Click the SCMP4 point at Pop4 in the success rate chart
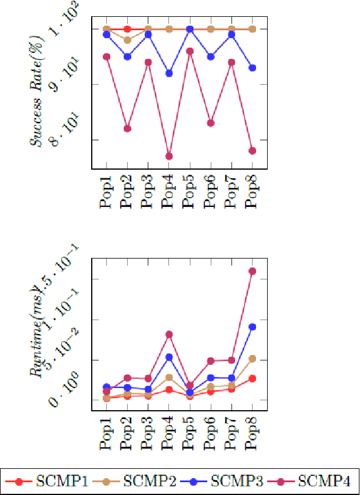tap(169, 156)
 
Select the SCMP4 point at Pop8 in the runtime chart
tap(252, 271)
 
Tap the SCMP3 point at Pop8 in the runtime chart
tap(252, 327)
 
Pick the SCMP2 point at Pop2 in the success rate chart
tap(127, 40)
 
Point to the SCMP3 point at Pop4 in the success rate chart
tap(169, 73)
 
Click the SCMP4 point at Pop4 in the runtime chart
tap(169, 335)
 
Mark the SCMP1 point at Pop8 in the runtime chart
tap(252, 378)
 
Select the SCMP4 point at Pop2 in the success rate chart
tap(127, 128)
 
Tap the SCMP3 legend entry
tap(221, 481)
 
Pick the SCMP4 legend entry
tap(308, 481)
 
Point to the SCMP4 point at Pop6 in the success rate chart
tap(211, 123)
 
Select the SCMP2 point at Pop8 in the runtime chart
tap(252, 359)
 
